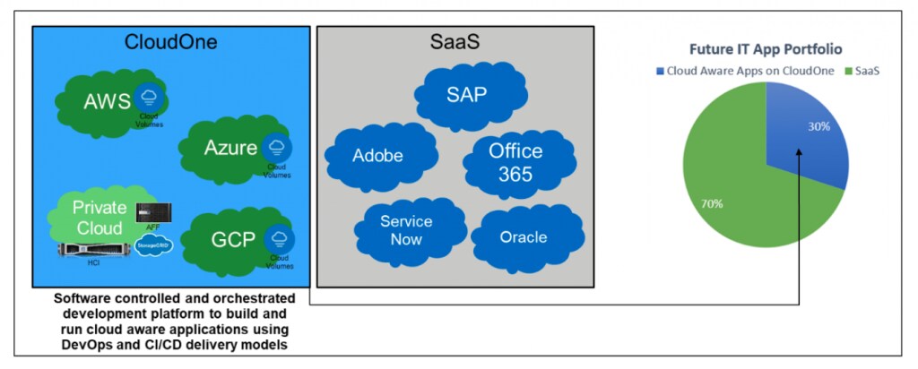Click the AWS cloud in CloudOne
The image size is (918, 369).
coord(103,101)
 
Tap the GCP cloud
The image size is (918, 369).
coord(229,239)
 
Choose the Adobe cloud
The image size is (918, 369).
coord(377,156)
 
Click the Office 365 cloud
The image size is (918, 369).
coord(509,161)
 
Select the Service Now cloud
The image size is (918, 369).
coord(406,229)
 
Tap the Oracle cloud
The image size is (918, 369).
coord(523,236)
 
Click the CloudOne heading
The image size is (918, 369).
coord(170,42)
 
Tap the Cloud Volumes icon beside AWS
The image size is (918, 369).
coord(146,98)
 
